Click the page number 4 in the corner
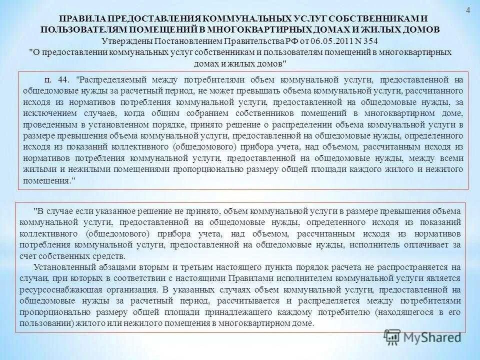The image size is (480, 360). pos(468,10)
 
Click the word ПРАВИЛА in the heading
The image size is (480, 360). pos(86,19)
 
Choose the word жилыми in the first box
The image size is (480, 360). pos(35,169)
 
